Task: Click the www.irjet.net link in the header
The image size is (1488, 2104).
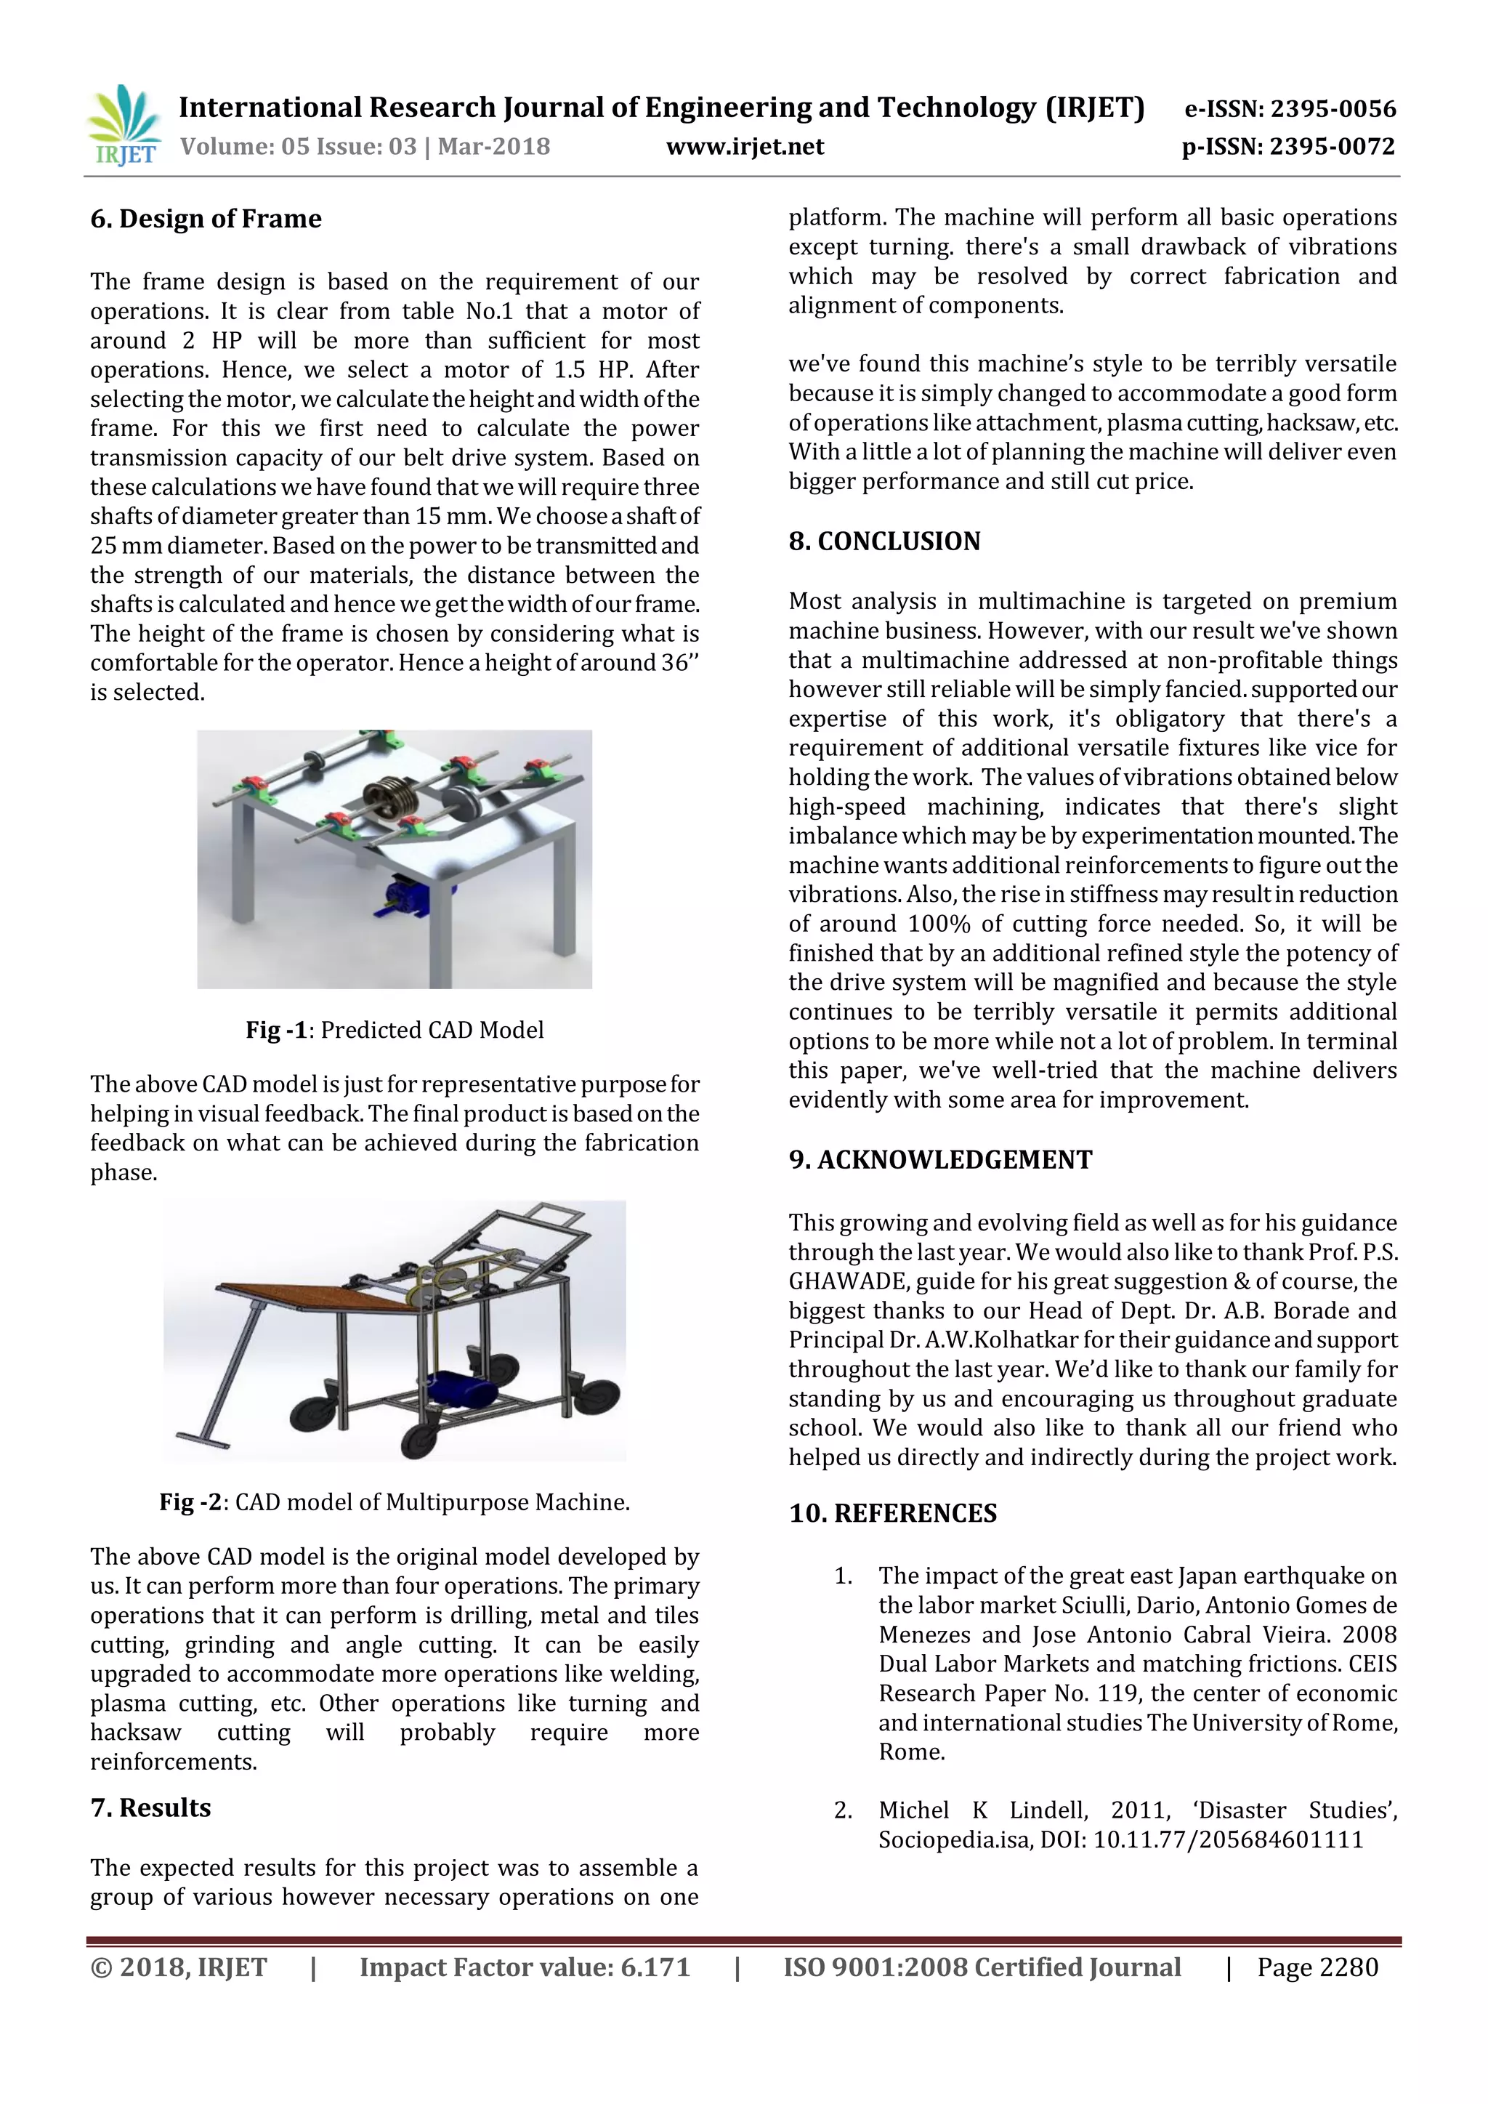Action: [x=744, y=147]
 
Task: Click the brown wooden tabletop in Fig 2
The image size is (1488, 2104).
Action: [x=316, y=1297]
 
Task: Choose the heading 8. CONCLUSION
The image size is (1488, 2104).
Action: [x=884, y=541]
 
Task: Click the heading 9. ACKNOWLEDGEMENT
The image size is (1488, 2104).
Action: [x=940, y=1160]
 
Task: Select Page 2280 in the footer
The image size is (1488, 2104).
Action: [x=1317, y=1967]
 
